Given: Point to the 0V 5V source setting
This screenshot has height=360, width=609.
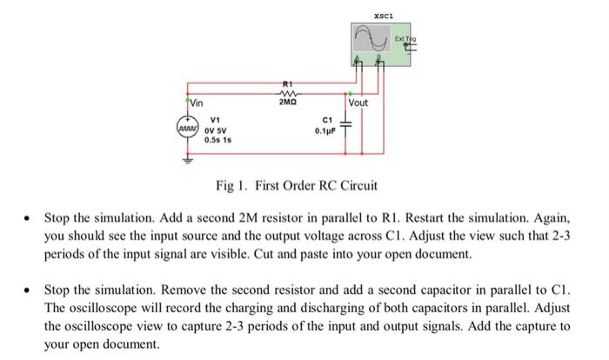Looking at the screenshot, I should (215, 130).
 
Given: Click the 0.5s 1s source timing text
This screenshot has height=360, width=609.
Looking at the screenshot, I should (217, 139).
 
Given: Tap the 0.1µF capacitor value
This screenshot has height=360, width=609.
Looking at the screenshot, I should (325, 130).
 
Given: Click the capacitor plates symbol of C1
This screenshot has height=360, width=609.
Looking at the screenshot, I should (347, 126).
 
